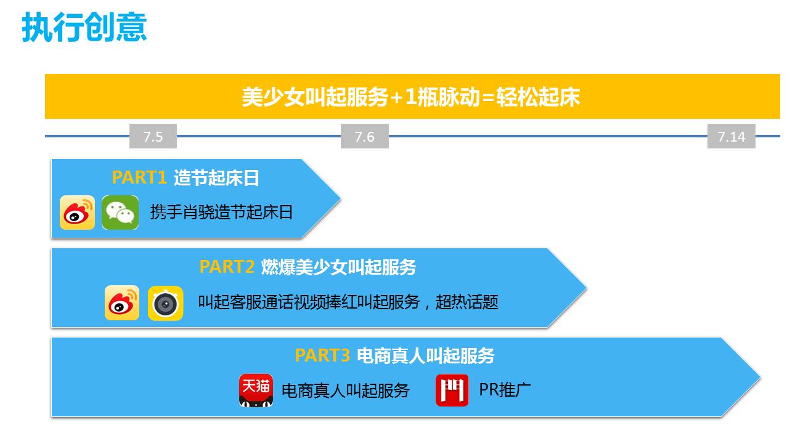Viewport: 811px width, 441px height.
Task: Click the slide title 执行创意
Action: (x=84, y=26)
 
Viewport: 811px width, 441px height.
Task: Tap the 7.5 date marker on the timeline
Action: (x=153, y=136)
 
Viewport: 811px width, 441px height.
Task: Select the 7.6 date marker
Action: (x=365, y=136)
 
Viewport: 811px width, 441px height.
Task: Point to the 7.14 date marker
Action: (x=732, y=136)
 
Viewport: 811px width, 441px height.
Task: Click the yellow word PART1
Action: (x=139, y=177)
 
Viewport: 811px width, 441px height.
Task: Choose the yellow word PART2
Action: (x=227, y=267)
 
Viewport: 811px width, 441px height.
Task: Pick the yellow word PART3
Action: (x=322, y=355)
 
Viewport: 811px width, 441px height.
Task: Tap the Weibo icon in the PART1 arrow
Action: (x=77, y=212)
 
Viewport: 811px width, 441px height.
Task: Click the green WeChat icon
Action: (x=120, y=212)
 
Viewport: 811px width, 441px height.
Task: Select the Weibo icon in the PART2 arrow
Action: (x=122, y=302)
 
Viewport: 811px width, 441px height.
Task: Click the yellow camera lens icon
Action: (x=165, y=303)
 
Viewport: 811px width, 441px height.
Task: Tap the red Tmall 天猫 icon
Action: (x=256, y=390)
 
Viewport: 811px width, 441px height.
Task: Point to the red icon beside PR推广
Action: (x=452, y=390)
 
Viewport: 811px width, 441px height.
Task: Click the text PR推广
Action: (x=505, y=390)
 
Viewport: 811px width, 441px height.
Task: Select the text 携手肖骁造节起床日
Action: (x=222, y=212)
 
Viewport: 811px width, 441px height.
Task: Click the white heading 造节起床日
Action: (x=216, y=177)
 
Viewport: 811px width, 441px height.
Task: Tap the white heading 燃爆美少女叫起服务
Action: (x=338, y=267)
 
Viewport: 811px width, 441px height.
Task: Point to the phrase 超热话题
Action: (x=467, y=302)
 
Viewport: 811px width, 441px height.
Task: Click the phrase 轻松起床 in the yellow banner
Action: (x=537, y=97)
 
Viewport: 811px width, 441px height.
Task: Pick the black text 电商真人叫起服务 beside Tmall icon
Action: (x=345, y=390)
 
